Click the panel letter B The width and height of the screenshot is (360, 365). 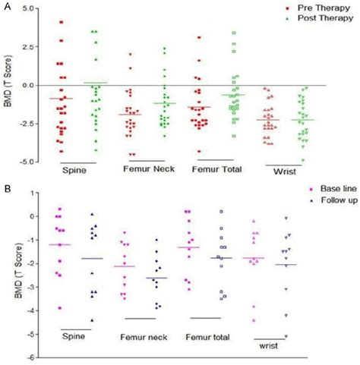pyautogui.click(x=6, y=184)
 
